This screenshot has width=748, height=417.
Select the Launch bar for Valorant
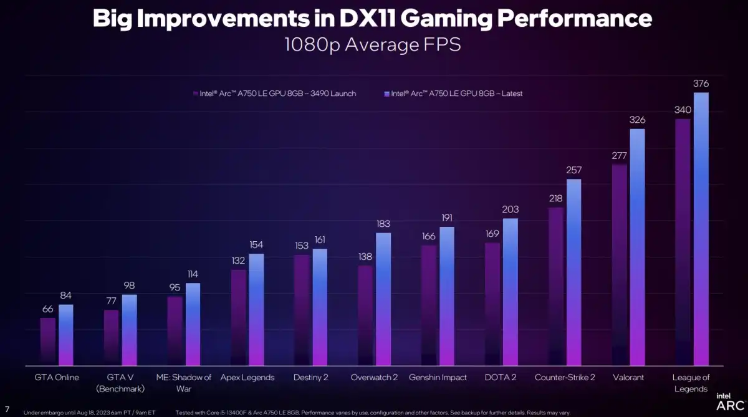(x=620, y=265)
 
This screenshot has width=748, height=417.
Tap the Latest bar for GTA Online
(x=66, y=335)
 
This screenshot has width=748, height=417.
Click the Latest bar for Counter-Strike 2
(x=574, y=272)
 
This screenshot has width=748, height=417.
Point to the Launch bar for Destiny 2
(x=302, y=310)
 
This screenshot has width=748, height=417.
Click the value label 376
(x=701, y=84)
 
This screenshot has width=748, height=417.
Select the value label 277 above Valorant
(x=620, y=156)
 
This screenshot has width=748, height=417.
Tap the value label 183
(x=383, y=224)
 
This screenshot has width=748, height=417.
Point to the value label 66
(x=48, y=309)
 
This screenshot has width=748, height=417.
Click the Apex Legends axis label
(x=247, y=378)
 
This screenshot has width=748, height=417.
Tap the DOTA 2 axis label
(x=501, y=378)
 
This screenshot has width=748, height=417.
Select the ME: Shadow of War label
(x=184, y=383)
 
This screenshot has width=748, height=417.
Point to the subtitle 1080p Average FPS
(x=373, y=45)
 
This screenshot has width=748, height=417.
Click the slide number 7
(x=7, y=408)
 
